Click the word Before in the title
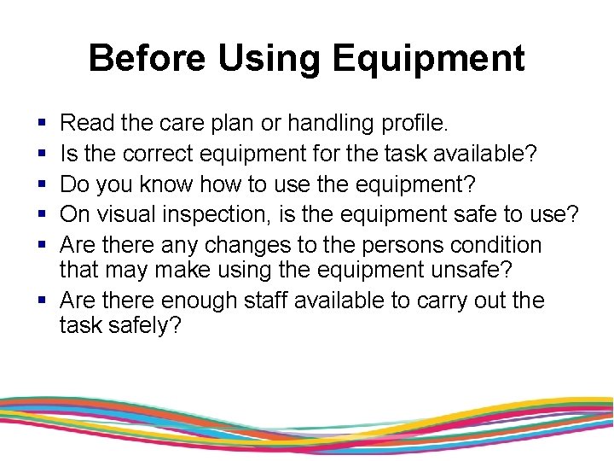(147, 58)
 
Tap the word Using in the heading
(269, 58)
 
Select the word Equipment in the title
(429, 58)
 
